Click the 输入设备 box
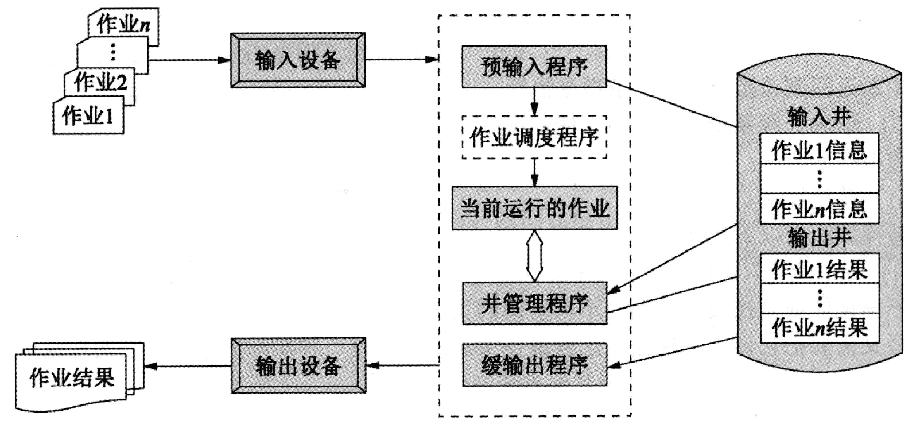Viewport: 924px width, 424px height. [297, 60]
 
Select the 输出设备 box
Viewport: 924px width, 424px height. [298, 365]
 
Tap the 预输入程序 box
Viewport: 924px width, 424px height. [534, 67]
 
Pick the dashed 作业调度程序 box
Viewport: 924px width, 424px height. [534, 137]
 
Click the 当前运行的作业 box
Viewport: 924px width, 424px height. [534, 208]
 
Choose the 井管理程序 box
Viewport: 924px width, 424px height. [534, 303]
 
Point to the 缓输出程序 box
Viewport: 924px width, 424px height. [534, 365]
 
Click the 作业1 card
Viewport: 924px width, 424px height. [88, 117]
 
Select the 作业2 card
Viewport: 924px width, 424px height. [100, 83]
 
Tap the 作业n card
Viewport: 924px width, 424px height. [123, 25]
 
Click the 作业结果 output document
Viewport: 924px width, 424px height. [72, 377]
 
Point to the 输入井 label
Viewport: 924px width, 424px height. [819, 117]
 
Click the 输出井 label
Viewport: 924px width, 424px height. [819, 237]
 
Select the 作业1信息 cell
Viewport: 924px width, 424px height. [819, 150]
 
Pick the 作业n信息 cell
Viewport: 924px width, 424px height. [819, 209]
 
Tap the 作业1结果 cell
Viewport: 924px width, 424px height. [819, 269]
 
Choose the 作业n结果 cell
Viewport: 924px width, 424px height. [819, 327]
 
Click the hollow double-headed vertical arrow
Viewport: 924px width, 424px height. [535, 256]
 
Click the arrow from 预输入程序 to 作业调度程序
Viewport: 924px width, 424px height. [535, 102]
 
